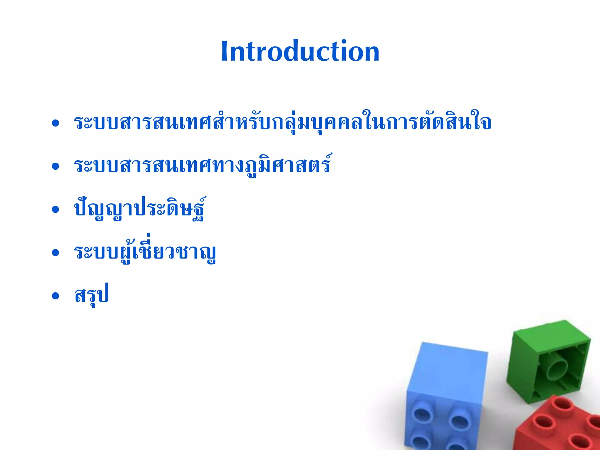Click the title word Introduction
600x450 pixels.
point(300,51)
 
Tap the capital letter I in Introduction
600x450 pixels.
point(225,51)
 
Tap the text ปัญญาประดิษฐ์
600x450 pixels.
point(140,208)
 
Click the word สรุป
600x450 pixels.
point(91,294)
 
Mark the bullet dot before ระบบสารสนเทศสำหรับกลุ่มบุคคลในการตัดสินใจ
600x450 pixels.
point(55,123)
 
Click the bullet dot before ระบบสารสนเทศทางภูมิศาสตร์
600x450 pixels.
point(55,166)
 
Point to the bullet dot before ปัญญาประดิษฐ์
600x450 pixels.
point(55,209)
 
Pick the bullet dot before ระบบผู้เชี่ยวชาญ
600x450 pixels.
point(55,253)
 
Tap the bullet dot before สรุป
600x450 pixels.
point(55,296)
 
